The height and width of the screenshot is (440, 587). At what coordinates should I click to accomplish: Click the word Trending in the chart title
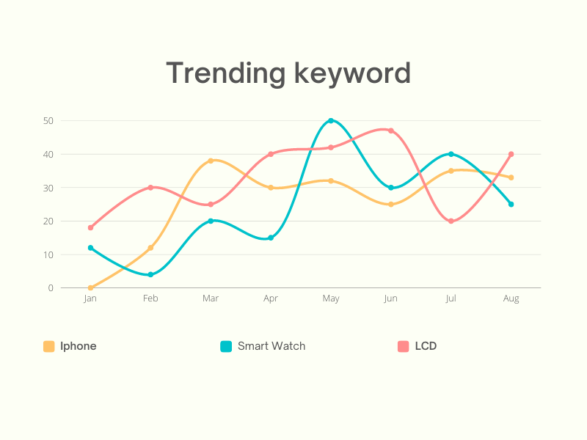(x=225, y=73)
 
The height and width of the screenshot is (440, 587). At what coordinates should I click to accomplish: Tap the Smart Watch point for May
(x=331, y=120)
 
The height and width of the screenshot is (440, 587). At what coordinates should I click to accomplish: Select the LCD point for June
(x=391, y=131)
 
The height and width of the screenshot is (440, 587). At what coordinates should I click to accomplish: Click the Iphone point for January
(x=90, y=287)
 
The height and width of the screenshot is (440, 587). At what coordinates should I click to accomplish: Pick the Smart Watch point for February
(x=150, y=274)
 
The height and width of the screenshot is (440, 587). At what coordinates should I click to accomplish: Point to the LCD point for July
(x=451, y=221)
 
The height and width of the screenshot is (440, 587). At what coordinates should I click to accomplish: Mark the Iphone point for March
(x=211, y=161)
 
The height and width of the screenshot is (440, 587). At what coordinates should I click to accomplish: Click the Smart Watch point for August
(x=511, y=204)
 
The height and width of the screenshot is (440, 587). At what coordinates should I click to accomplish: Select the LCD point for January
(x=90, y=227)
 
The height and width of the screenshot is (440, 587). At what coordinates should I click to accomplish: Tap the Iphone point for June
(x=391, y=204)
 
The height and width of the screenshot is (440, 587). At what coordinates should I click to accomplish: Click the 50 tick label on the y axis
(x=48, y=120)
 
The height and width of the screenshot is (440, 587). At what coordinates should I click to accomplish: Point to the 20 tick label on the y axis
(x=48, y=221)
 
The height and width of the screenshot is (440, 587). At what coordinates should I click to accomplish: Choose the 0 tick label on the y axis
(x=51, y=287)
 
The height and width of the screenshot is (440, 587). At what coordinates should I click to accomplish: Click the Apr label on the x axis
(x=271, y=298)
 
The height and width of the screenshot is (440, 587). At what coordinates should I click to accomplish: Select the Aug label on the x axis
(x=511, y=298)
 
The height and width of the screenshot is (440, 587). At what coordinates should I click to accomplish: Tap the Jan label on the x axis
(x=90, y=298)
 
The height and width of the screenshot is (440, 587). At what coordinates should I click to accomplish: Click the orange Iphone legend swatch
(x=49, y=346)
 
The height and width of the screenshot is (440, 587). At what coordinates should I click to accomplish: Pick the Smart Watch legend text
(x=271, y=346)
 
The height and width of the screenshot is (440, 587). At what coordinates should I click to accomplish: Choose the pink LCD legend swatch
(x=403, y=346)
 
